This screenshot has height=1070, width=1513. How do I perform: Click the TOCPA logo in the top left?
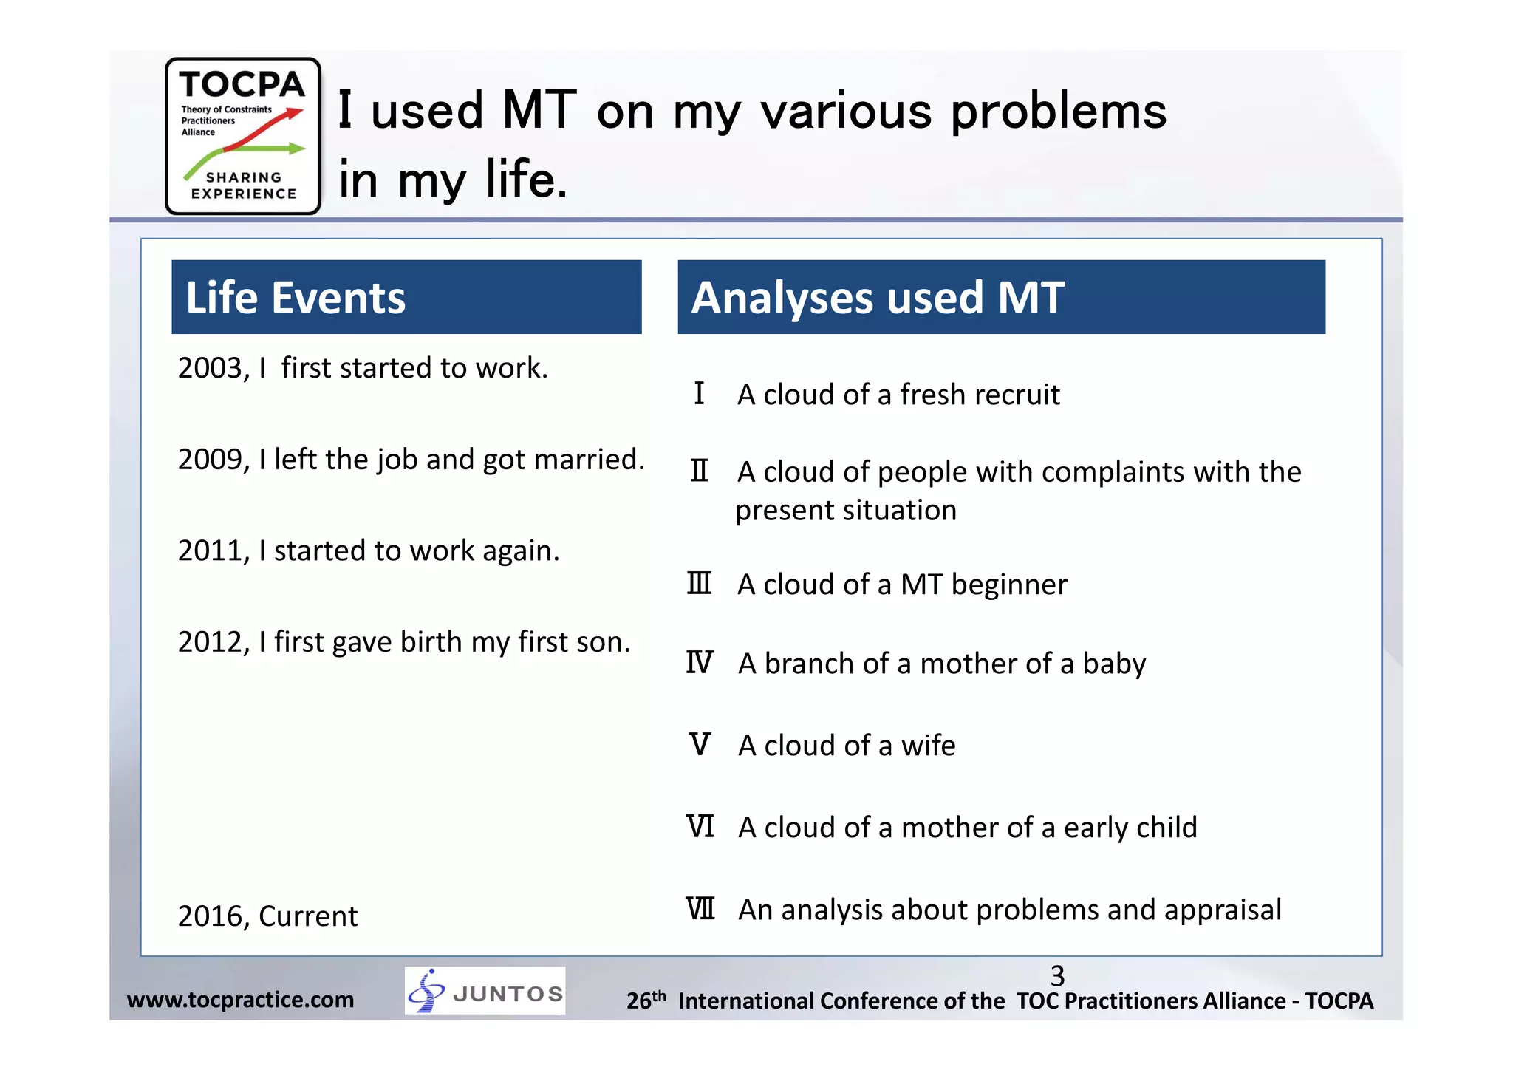click(x=242, y=136)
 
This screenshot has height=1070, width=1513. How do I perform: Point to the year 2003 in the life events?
click(x=210, y=368)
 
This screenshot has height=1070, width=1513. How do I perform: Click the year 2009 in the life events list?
click(x=210, y=460)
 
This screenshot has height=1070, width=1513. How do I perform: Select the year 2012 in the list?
click(x=210, y=642)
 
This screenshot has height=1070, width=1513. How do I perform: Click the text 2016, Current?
click(x=267, y=916)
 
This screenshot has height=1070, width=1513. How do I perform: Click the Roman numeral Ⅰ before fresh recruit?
click(x=699, y=393)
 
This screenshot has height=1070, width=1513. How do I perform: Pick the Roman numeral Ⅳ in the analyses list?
click(x=699, y=663)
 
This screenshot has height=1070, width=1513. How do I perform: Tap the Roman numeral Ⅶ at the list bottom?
click(x=700, y=909)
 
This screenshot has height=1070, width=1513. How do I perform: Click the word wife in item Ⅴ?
click(x=928, y=746)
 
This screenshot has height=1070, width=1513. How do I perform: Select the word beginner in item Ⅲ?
click(x=1009, y=585)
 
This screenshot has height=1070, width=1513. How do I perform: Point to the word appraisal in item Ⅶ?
click(x=1223, y=910)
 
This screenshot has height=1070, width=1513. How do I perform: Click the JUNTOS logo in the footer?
click(x=485, y=991)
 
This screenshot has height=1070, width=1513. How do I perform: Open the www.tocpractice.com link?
click(x=240, y=1000)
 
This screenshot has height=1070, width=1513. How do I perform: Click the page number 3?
click(x=1057, y=975)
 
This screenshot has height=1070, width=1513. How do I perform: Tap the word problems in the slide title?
click(x=1058, y=112)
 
